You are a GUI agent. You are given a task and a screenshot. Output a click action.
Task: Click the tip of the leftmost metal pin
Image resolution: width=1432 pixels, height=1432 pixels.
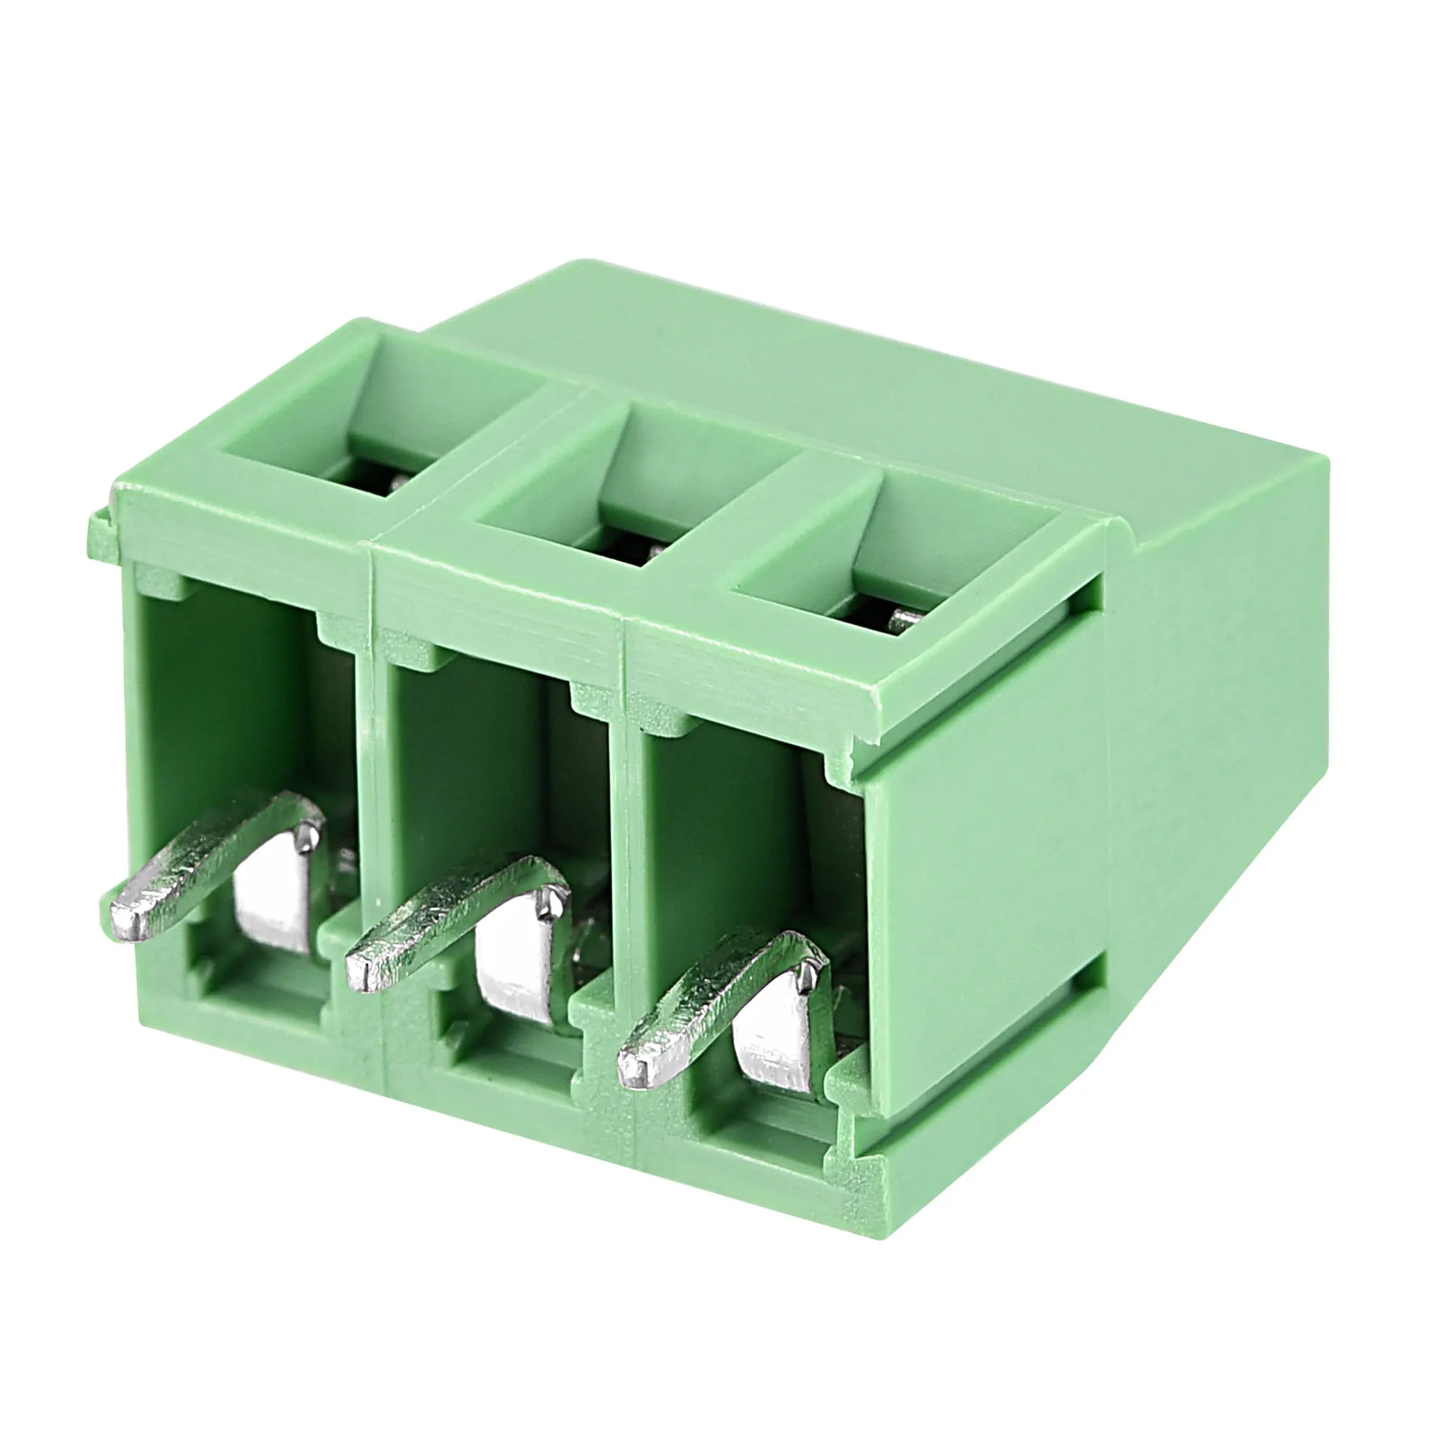coord(125,920)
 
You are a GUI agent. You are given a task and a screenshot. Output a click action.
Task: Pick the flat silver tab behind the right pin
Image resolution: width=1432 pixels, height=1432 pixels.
coord(775,1049)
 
